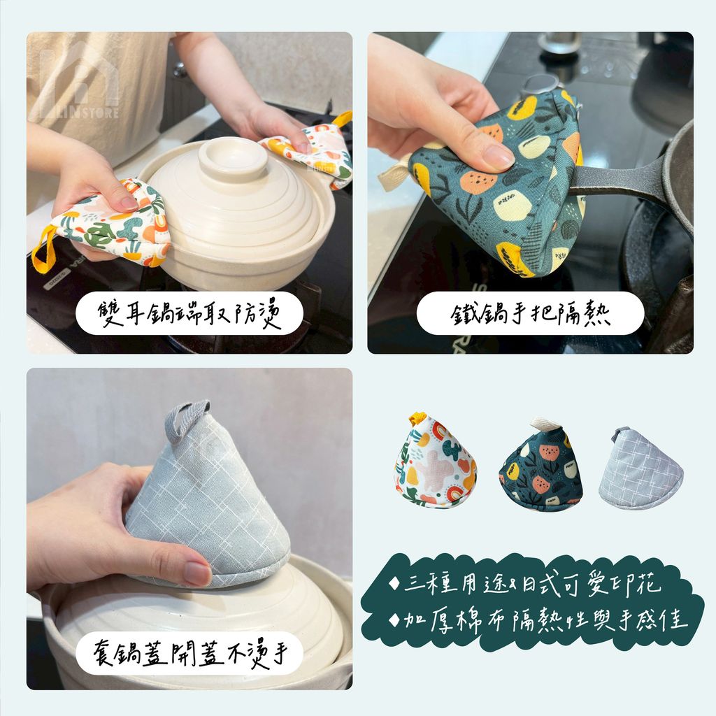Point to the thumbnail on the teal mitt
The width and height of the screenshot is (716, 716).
point(498,157)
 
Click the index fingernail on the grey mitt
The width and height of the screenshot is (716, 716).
point(196,573)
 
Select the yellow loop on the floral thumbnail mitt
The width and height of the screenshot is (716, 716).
point(417,418)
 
